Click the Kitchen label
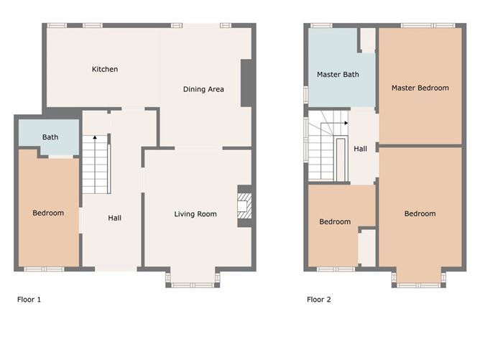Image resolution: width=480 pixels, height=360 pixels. (105, 70)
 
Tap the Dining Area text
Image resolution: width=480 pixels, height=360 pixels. (203, 90)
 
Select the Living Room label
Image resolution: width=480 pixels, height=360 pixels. (195, 214)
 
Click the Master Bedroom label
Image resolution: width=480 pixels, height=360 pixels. (420, 88)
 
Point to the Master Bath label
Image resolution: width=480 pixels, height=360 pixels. (338, 75)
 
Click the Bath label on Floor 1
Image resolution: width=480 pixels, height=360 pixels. (50, 137)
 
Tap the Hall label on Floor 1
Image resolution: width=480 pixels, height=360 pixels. (114, 218)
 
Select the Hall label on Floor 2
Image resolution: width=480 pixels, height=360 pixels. (360, 149)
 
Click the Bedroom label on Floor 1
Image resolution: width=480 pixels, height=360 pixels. (48, 213)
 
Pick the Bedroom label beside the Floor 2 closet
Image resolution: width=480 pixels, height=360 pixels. (335, 222)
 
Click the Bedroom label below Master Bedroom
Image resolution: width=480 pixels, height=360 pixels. (420, 214)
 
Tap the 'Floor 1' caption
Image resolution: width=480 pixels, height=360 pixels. (29, 300)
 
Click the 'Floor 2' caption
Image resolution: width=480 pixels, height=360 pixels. (319, 300)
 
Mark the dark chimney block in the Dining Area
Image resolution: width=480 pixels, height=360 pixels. (246, 83)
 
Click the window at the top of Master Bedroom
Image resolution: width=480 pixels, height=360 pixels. (421, 26)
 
